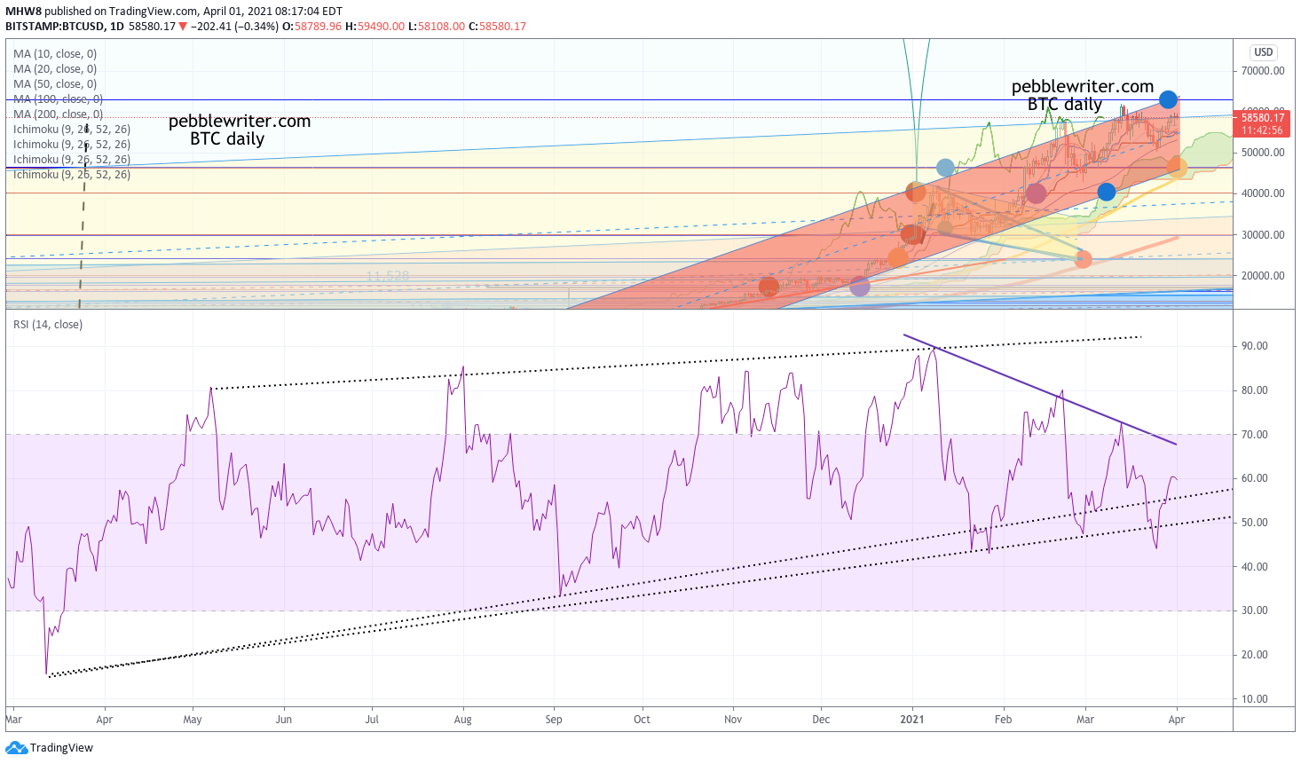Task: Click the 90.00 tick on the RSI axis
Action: coord(1254,346)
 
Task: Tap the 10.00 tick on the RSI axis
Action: coord(1254,699)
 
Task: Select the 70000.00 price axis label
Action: coord(1262,71)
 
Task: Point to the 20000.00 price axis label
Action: coord(1262,276)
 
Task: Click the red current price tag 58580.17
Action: coord(1262,118)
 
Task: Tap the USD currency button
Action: coord(1263,52)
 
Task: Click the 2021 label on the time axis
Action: coord(911,720)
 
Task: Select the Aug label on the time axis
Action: coord(462,720)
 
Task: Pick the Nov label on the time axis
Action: coord(733,720)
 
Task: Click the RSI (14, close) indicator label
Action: coord(48,325)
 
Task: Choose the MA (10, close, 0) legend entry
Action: coord(55,54)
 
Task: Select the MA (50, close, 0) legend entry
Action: coord(55,84)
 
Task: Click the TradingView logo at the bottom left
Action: coord(50,748)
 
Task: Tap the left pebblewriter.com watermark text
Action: coord(239,122)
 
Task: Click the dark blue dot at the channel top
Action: coord(1168,99)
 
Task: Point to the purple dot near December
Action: coord(859,286)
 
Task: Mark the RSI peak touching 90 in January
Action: coord(933,349)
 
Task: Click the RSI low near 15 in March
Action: coord(47,673)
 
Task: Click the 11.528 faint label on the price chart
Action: coord(388,276)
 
